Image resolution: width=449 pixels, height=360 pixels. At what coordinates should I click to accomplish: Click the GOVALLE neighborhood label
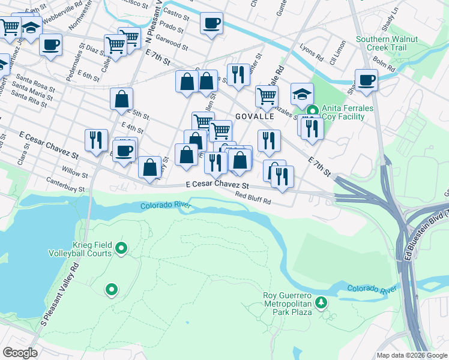click(x=255, y=116)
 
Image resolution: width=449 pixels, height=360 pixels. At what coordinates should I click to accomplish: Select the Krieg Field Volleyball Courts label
click(x=80, y=249)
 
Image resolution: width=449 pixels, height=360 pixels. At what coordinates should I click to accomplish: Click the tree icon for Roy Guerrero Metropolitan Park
click(x=322, y=301)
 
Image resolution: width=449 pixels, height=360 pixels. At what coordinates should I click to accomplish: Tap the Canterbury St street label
click(x=64, y=188)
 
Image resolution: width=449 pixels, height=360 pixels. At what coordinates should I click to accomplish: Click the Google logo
click(x=20, y=353)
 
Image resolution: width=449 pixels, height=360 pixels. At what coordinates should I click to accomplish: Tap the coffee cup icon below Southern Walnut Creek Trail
click(x=366, y=79)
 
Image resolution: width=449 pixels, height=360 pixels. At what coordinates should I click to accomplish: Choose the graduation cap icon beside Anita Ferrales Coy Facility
click(x=302, y=93)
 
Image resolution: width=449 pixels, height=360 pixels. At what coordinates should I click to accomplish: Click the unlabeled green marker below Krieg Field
click(x=111, y=290)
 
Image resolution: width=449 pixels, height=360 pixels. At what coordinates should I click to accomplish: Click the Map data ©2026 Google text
click(x=412, y=355)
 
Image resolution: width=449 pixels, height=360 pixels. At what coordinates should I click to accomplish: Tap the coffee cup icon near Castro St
click(x=211, y=23)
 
